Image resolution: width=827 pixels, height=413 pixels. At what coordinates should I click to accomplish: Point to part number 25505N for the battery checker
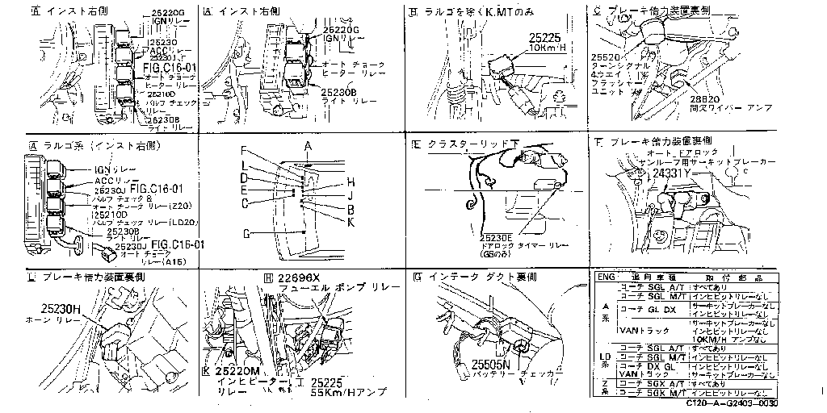491,364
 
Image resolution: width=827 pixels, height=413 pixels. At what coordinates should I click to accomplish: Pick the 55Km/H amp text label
348,392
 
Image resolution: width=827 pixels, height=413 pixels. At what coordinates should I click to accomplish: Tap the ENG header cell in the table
605,276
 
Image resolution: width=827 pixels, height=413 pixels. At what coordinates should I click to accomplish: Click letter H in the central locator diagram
351,181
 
